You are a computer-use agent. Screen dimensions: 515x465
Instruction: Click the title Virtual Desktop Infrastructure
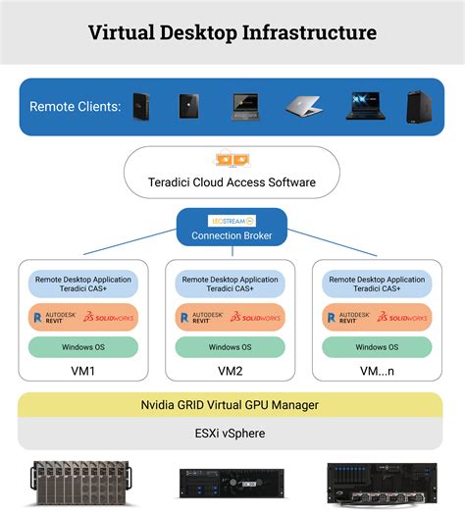[x=232, y=32]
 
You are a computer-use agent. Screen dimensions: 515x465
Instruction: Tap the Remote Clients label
[x=76, y=106]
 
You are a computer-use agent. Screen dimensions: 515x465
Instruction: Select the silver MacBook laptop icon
[x=304, y=106]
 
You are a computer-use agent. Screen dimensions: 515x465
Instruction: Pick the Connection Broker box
[x=232, y=235]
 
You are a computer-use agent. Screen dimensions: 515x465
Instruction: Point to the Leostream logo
[x=232, y=221]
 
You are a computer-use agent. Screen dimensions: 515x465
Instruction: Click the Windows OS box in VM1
[x=83, y=346]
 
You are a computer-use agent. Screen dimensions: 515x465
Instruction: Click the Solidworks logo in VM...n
[x=404, y=317]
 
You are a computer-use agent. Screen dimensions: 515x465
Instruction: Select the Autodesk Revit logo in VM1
[x=54, y=317]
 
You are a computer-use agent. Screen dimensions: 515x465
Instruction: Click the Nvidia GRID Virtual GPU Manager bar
[x=232, y=405]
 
